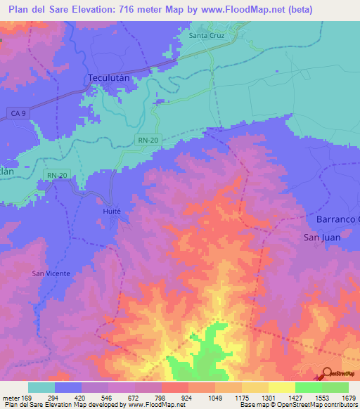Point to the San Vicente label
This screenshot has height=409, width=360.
[x=51, y=273]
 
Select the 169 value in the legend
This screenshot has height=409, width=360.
[x=29, y=397]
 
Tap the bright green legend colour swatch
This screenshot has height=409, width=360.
[x=308, y=387]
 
